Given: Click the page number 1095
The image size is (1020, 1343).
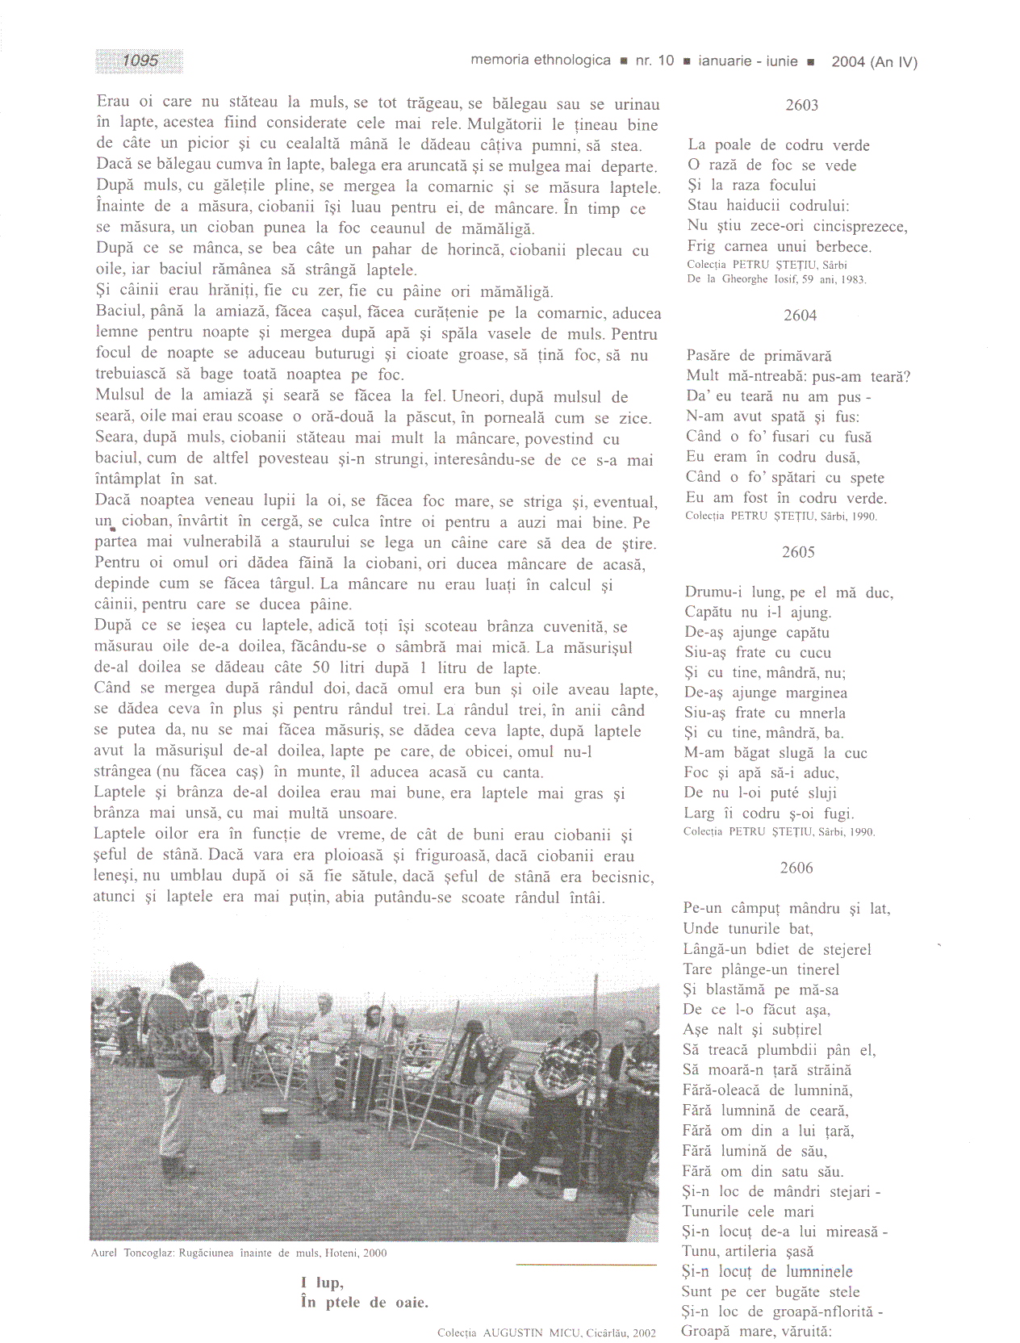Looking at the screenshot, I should point(140,61).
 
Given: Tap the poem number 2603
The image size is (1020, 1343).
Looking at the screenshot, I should point(801,105).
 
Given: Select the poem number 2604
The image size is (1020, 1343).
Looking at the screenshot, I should point(800,316).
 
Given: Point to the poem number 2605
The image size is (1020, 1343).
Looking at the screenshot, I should point(798,552).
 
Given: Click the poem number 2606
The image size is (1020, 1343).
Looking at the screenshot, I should point(796,868).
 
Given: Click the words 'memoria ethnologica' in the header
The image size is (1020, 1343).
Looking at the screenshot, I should point(540,61).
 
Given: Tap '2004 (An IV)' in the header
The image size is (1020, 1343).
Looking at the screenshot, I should point(874,61).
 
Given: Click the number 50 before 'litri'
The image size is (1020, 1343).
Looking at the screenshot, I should point(320,667).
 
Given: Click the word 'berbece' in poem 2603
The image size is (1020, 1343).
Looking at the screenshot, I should point(843,246).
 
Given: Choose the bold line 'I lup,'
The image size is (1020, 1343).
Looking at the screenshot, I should point(322,1282).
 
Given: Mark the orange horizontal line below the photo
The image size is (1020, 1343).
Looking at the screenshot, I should point(586,1264).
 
